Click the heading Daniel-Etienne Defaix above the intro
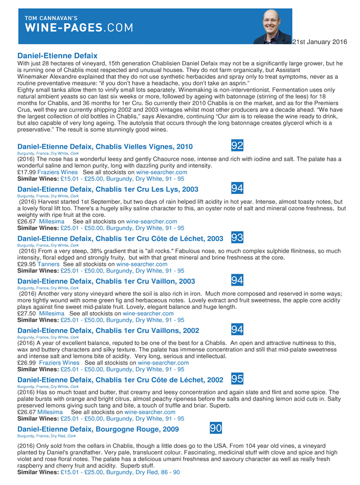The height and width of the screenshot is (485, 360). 57,56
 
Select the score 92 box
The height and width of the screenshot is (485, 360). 237,145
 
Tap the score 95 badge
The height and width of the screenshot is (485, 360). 237,379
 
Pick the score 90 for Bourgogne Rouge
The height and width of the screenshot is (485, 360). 216,429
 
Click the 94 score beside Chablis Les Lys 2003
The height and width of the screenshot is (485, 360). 237,188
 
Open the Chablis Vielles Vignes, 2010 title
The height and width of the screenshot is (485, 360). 105,147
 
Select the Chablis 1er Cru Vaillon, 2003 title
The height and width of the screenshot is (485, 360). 106,281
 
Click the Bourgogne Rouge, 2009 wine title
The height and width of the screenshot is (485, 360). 98,429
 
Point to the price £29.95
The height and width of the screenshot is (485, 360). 27,264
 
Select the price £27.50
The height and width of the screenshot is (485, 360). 27,313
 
